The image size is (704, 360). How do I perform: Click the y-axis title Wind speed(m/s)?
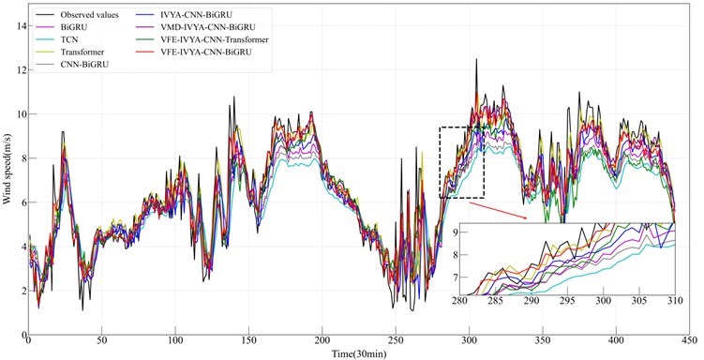(7, 174)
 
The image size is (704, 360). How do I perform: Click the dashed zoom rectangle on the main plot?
(461, 161)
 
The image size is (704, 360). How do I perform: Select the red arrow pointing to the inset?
(506, 209)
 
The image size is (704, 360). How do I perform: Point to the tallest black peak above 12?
(477, 60)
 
